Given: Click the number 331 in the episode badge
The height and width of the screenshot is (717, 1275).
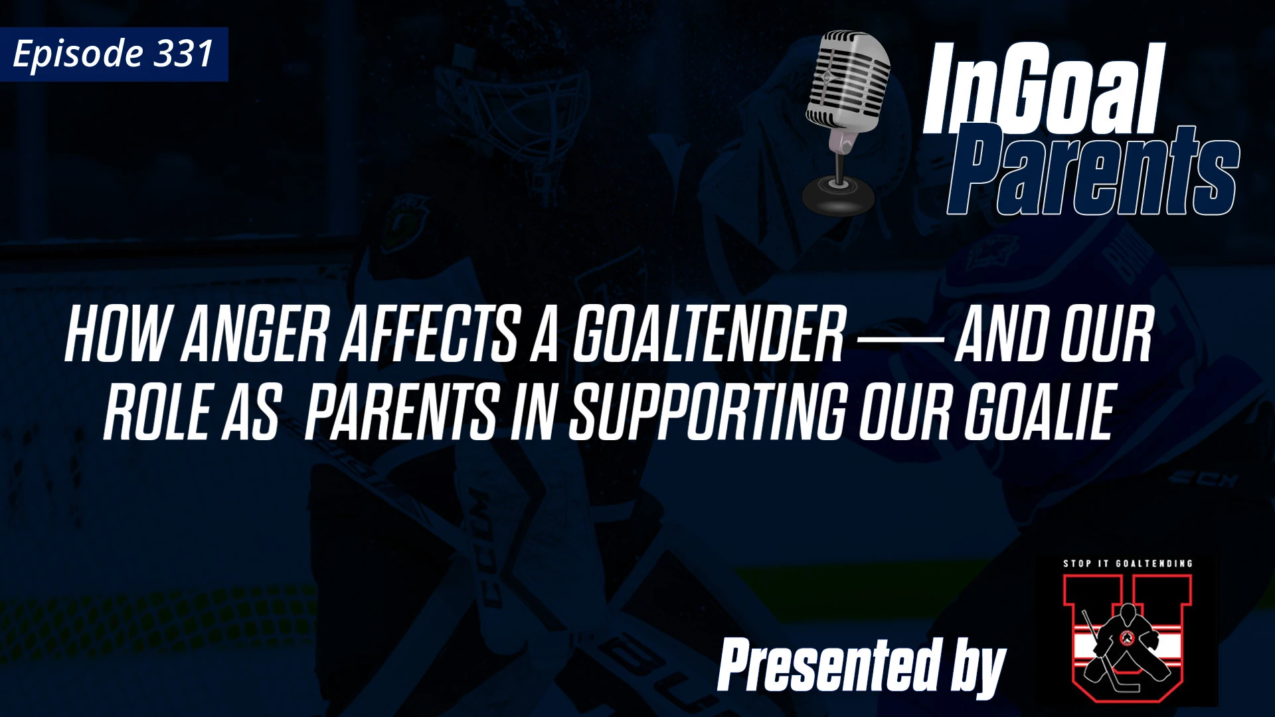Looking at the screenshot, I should coord(183,54).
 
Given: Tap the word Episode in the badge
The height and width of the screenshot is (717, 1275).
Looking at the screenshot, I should coord(78,54).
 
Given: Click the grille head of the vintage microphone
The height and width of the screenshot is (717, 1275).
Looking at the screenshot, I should coord(849,80).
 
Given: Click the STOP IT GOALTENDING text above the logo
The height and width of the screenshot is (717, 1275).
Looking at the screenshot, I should coord(1128,564).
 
